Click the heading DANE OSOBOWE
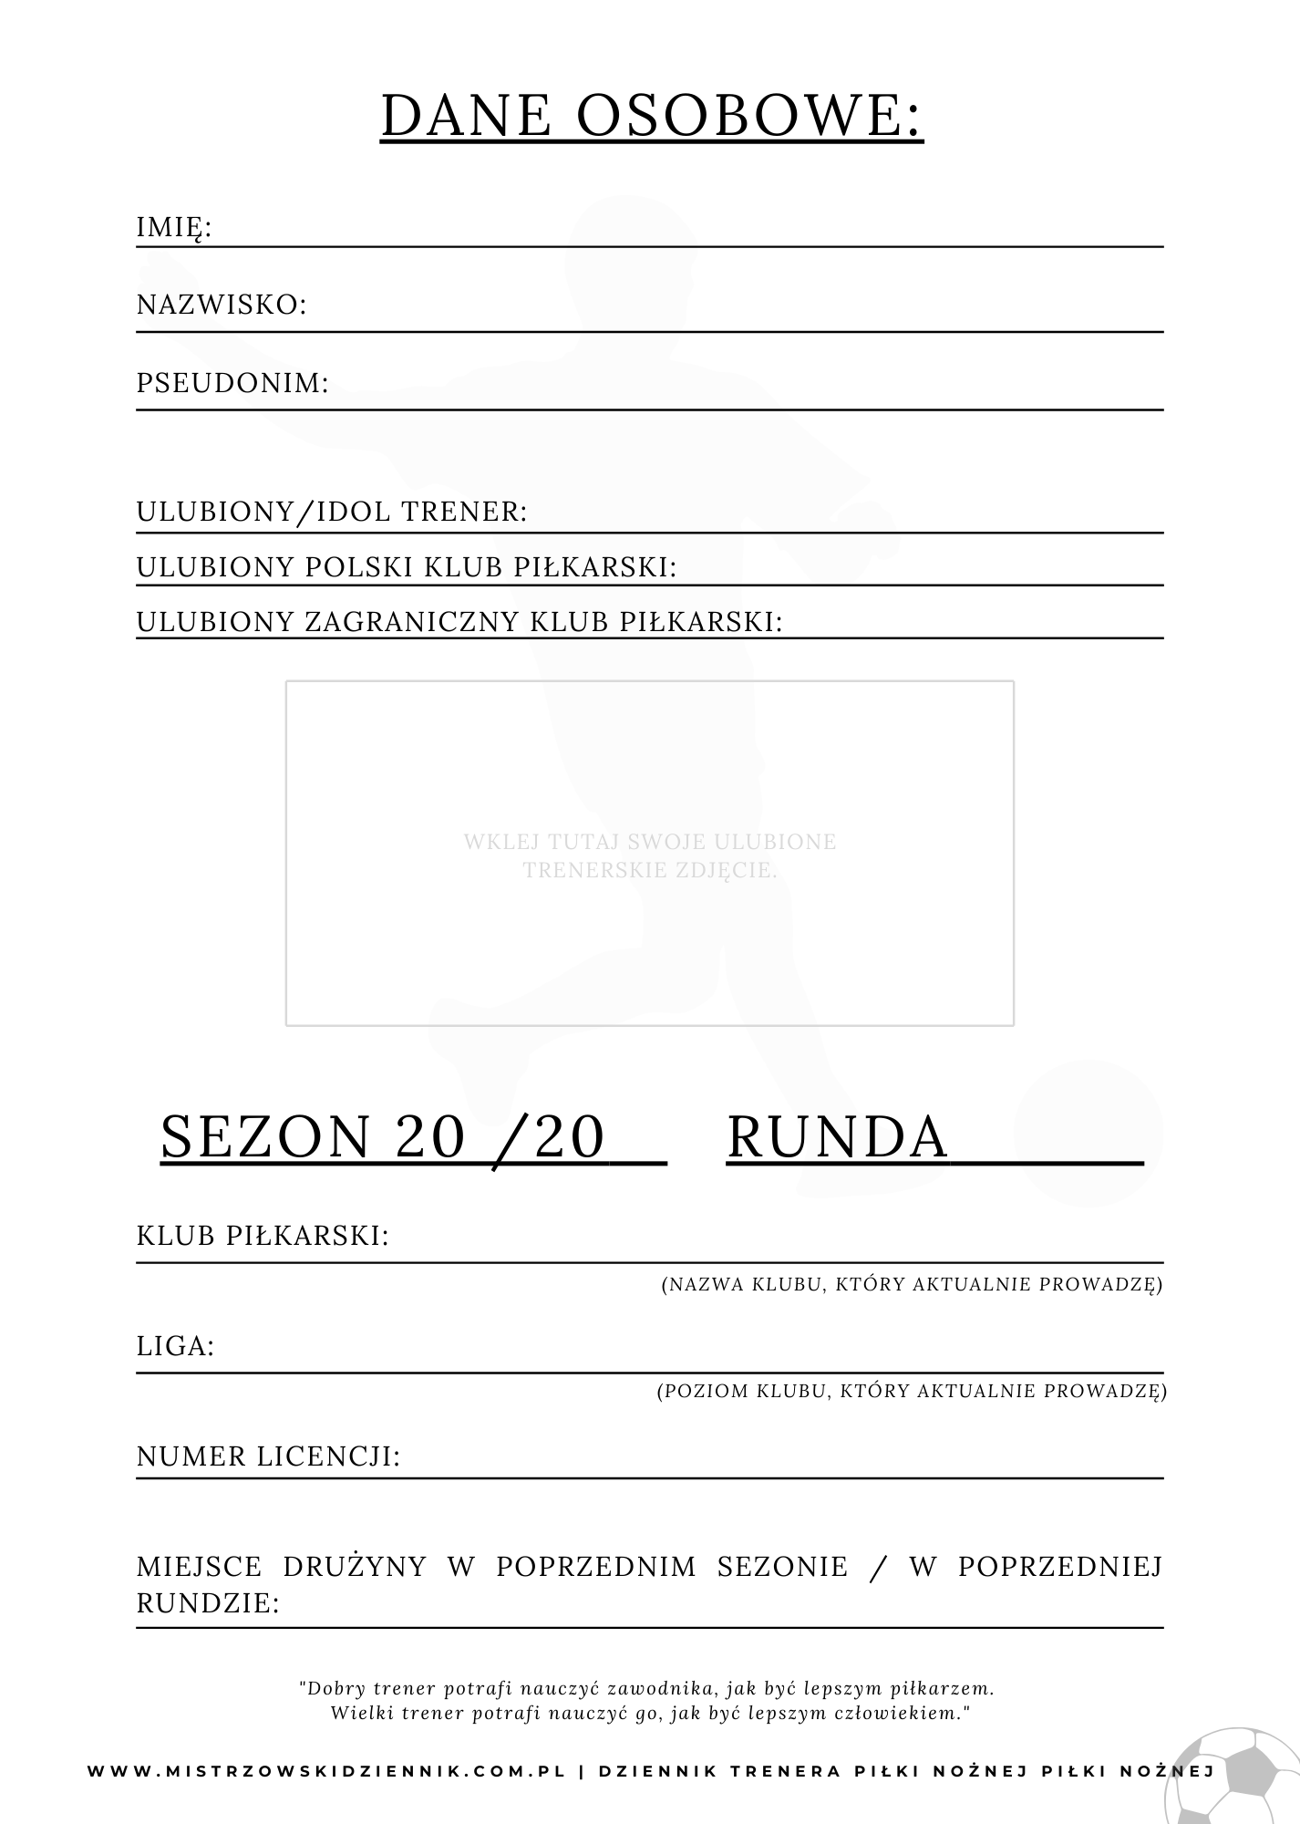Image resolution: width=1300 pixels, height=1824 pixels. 651,115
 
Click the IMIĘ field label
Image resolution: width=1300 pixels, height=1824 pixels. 173,227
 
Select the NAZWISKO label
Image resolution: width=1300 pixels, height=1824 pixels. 222,305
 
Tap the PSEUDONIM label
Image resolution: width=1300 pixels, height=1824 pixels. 232,383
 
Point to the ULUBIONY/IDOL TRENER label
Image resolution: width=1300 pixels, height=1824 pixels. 332,512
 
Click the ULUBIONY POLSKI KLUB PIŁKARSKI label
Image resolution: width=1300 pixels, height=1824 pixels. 407,567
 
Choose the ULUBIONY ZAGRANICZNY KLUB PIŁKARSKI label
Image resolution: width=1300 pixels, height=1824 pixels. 459,622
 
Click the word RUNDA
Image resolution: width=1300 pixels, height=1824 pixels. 837,1136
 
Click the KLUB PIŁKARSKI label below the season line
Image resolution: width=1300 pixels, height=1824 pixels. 263,1236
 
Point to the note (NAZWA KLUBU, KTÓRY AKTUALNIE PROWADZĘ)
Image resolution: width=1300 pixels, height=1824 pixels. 912,1285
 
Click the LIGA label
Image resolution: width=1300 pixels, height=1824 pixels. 175,1345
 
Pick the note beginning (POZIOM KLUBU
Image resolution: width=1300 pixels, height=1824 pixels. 912,1391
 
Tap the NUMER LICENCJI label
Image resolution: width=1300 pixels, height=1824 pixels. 268,1456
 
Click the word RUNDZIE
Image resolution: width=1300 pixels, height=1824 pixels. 207,1603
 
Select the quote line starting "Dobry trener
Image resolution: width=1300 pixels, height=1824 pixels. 646,1688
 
